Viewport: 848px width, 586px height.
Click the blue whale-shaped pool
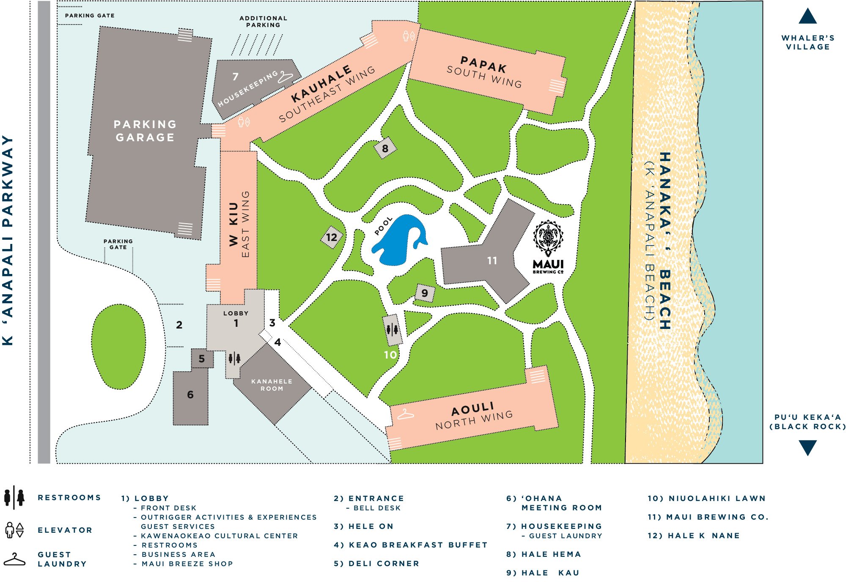pyautogui.click(x=398, y=241)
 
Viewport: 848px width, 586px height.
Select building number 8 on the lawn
pyautogui.click(x=385, y=148)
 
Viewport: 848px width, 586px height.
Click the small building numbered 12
pyautogui.click(x=332, y=237)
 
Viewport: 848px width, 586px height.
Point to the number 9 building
pyautogui.click(x=425, y=293)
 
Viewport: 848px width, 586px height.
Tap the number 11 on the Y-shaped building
pyautogui.click(x=492, y=260)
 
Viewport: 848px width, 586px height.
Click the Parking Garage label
pyautogui.click(x=145, y=131)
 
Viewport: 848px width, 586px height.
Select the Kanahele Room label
pyautogui.click(x=272, y=385)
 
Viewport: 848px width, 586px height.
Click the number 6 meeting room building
pyautogui.click(x=190, y=394)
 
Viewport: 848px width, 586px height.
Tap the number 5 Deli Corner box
pyautogui.click(x=202, y=359)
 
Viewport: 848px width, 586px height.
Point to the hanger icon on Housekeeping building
pyautogui.click(x=285, y=77)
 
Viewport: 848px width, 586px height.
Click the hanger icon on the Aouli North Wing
pyautogui.click(x=405, y=414)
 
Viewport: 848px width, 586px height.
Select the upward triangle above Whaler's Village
pyautogui.click(x=807, y=17)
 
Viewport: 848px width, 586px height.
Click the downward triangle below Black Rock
pyautogui.click(x=807, y=447)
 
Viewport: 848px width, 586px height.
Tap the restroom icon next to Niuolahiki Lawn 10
pyautogui.click(x=392, y=329)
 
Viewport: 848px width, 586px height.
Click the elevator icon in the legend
pyautogui.click(x=14, y=530)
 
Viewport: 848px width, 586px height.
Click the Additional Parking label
pyautogui.click(x=263, y=22)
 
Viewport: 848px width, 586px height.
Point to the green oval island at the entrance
pyautogui.click(x=119, y=346)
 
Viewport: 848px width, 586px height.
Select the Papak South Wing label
pyautogui.click(x=484, y=72)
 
